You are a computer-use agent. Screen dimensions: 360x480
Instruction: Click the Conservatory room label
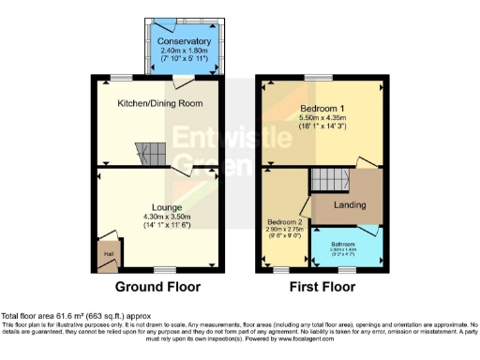184,42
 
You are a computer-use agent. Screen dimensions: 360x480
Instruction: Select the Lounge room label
156,206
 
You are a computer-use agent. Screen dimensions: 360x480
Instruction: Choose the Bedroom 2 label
283,223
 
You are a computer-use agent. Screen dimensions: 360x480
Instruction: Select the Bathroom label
348,243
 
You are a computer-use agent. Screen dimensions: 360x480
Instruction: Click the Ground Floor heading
156,287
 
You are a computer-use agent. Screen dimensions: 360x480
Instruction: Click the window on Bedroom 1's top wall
322,76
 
